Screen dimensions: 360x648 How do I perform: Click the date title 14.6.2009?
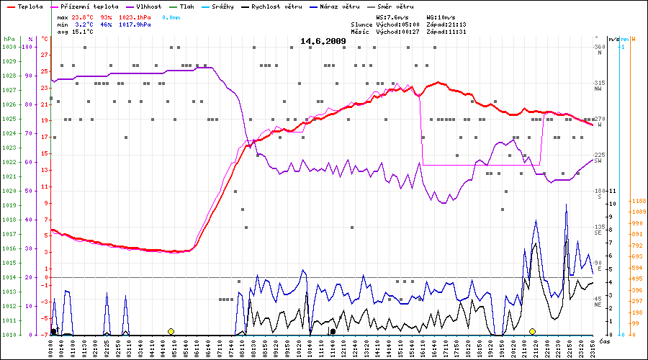click(x=323, y=41)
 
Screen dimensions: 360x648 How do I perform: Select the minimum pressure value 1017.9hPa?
click(x=135, y=24)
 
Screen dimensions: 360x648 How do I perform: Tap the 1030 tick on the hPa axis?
click(x=9, y=47)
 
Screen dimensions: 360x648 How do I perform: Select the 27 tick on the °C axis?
click(x=45, y=55)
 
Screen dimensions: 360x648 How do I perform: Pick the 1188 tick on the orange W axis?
click(x=637, y=201)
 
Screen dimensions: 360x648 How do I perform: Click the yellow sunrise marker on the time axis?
click(x=171, y=331)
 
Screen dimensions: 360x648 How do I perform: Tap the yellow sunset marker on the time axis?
click(x=532, y=331)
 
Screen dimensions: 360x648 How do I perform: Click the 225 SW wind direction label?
click(x=598, y=158)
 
